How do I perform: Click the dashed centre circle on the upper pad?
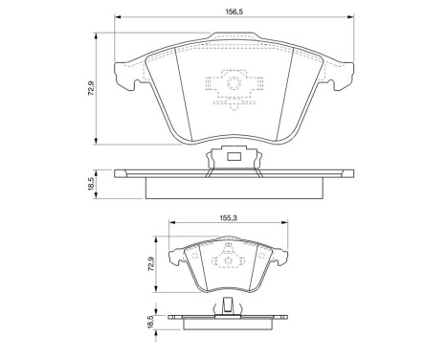click(233, 87)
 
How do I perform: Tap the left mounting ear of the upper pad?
click(125, 75)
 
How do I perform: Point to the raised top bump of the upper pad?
click(233, 40)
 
